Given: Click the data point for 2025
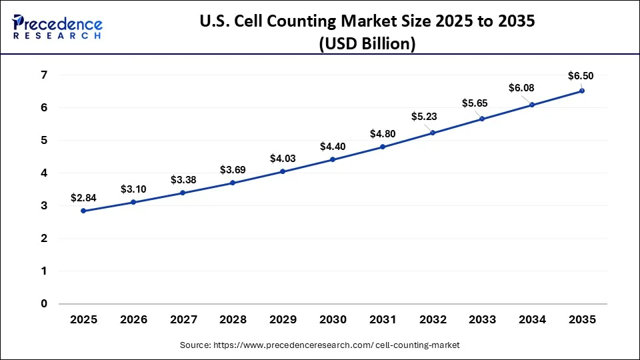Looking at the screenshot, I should click(x=83, y=211).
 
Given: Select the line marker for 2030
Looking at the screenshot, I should click(x=333, y=159).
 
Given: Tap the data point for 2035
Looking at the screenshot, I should click(x=582, y=91).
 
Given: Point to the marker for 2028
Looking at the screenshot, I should click(x=233, y=183).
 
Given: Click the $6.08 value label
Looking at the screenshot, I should click(x=522, y=88).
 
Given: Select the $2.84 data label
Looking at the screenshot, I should click(x=83, y=198).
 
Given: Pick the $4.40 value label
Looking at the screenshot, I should click(x=333, y=146).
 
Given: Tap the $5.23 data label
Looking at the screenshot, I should click(x=424, y=116).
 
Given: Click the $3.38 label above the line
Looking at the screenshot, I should click(x=183, y=179).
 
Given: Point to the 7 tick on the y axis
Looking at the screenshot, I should click(x=43, y=75).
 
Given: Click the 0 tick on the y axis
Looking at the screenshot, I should click(x=43, y=303).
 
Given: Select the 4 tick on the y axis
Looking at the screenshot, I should click(x=43, y=173).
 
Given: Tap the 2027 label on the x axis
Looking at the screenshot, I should click(x=183, y=319).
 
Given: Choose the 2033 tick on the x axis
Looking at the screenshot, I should click(x=482, y=319).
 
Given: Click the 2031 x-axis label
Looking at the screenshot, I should click(x=383, y=319).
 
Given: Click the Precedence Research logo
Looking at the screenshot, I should click(x=57, y=27).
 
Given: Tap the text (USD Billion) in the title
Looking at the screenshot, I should click(x=367, y=44).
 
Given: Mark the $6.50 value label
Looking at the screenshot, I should click(x=580, y=75).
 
